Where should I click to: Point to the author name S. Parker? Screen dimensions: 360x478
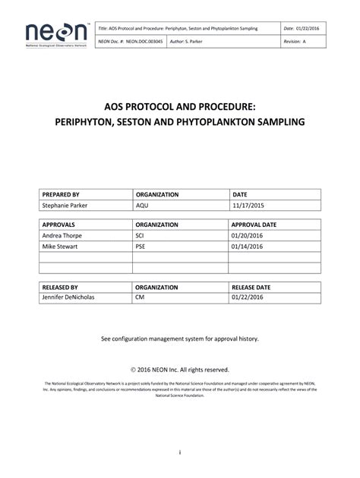point(187,42)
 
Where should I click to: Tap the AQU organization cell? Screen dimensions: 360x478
point(144,206)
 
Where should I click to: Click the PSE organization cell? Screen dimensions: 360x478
point(142,247)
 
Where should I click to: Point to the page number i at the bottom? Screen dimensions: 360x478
point(179,454)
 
